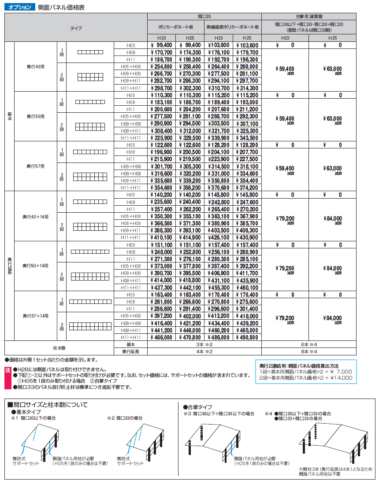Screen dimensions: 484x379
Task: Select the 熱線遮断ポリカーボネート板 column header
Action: pos(233,27)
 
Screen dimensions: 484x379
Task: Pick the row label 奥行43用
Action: pos(36,67)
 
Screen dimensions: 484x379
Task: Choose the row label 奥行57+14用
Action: pos(36,316)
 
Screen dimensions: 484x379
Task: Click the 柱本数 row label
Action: pos(59,348)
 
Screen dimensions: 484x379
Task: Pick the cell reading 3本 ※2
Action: pos(204,344)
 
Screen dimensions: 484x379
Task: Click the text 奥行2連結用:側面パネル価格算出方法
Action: pos(299,366)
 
